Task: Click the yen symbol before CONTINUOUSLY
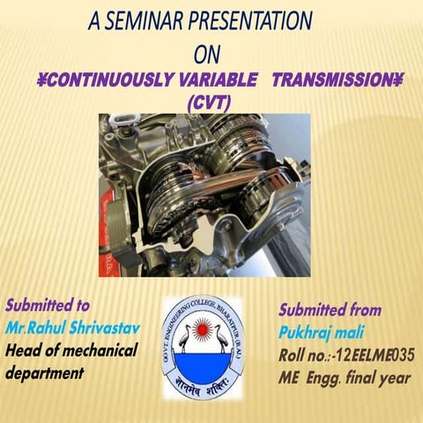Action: tap(41, 81)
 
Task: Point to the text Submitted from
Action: tap(330, 310)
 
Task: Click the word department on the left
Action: tap(44, 373)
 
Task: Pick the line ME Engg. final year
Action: tap(345, 379)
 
